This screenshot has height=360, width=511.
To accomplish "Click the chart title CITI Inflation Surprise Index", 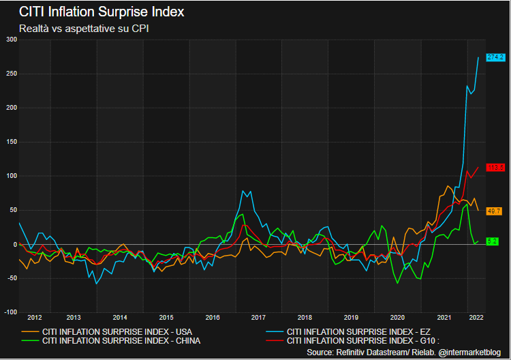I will [101, 12].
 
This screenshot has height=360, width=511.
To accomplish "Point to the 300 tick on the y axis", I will [10, 40].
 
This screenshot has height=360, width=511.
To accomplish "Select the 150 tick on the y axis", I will [10, 142].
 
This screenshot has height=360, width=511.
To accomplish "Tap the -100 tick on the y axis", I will [9, 312].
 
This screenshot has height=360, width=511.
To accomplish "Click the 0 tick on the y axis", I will [14, 244].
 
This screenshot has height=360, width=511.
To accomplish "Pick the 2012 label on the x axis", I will [34, 318].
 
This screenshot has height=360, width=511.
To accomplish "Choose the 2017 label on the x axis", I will [258, 318].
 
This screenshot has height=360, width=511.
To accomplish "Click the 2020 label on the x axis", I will [397, 318].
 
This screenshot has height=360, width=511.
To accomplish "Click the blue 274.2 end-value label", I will [495, 57].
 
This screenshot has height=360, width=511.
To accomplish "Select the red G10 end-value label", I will [495, 167].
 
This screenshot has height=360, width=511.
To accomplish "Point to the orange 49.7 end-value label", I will [495, 211].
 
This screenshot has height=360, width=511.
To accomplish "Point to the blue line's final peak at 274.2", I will [478, 57].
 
